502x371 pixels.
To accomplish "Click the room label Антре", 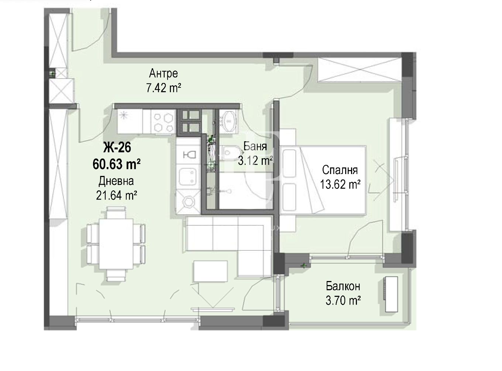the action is [164, 73].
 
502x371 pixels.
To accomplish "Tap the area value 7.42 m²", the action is [164, 88].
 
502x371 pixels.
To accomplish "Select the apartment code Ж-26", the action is [117, 148].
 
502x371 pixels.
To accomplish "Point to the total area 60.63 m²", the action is [117, 164].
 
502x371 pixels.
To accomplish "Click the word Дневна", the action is [116, 181].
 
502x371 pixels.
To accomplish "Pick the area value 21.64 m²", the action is [117, 195].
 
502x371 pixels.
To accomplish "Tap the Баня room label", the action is [255, 146].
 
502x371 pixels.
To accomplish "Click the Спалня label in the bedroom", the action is [340, 170].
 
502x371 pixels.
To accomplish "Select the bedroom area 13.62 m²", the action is [340, 184].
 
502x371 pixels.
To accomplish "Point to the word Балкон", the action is [343, 287].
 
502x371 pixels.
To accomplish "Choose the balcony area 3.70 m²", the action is [343, 301].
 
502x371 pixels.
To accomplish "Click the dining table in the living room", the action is [116, 244].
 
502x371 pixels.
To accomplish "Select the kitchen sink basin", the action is [188, 176].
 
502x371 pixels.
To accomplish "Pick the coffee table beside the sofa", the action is [210, 271].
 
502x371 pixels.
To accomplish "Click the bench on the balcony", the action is [391, 294].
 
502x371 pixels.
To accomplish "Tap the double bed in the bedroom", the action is [323, 180].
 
